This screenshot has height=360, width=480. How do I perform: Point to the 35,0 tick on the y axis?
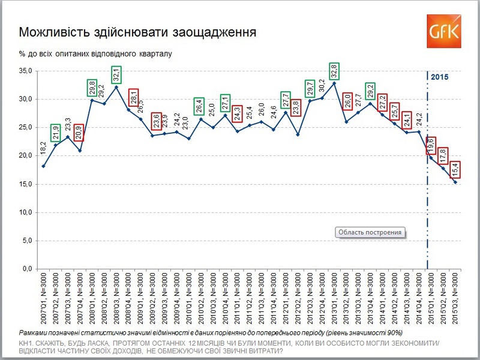coord(25,71)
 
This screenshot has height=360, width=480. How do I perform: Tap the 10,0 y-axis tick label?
coord(25,212)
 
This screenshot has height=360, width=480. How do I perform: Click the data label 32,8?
coord(334,71)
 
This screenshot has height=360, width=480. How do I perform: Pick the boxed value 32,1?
coord(116,75)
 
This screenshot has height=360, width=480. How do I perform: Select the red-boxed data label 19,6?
coord(431,145)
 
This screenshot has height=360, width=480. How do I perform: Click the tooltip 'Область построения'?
coord(370,232)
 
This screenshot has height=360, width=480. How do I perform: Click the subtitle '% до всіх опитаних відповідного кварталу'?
coord(95,53)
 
